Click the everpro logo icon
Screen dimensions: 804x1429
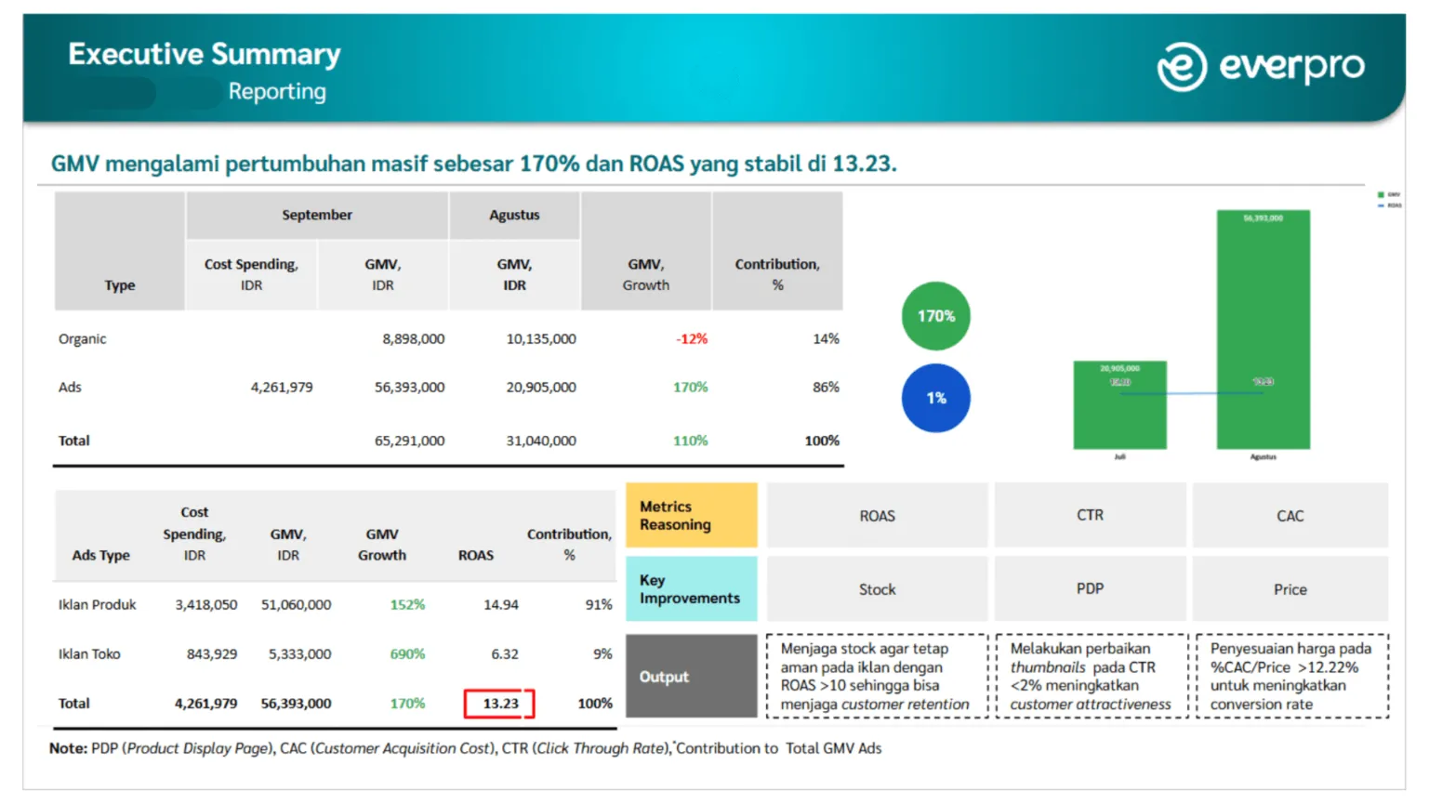[x=1181, y=67]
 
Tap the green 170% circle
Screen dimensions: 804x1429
[x=935, y=316]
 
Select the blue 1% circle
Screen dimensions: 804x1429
[x=935, y=398]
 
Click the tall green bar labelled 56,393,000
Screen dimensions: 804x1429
[x=1263, y=307]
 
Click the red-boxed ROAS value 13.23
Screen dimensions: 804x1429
[x=500, y=704]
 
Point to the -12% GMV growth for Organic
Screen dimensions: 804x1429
[x=692, y=339]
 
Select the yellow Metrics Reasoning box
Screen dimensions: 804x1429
[x=691, y=515]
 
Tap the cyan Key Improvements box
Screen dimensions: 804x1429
[x=691, y=589]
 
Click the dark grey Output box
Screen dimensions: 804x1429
[x=691, y=677]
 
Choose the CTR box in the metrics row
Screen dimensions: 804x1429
[x=1090, y=515]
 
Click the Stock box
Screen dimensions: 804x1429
[x=877, y=589]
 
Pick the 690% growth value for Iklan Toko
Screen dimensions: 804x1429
[x=407, y=654]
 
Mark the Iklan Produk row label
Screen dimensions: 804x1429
[x=98, y=605]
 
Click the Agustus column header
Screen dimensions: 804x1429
[x=514, y=215]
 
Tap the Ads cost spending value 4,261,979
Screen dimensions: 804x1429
[x=282, y=388]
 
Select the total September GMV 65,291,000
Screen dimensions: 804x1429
[x=409, y=442]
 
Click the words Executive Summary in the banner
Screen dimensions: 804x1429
[x=205, y=54]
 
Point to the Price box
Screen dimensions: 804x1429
[x=1290, y=589]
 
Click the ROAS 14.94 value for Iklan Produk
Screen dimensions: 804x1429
[x=501, y=605]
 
